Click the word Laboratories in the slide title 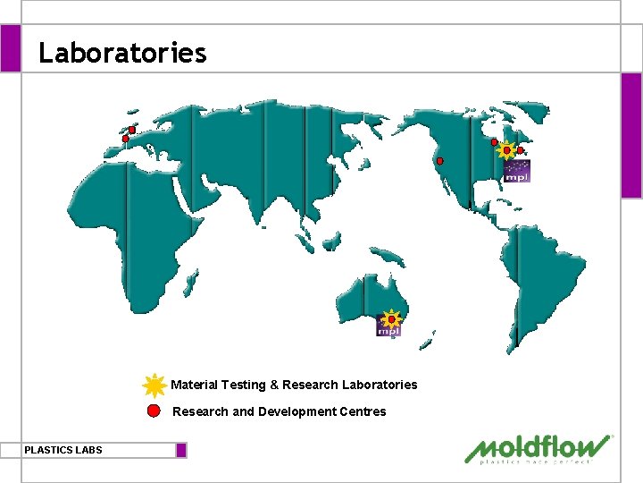point(122,53)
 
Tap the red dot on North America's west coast point(438,162)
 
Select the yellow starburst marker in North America point(506,151)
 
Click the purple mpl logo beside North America point(517,172)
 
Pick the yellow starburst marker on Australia point(390,318)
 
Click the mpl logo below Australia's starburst point(388,331)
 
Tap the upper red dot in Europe point(131,131)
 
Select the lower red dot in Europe point(125,139)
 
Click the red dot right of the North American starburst point(521,151)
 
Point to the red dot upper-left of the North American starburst point(494,142)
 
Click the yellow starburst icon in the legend point(154,385)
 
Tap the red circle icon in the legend point(154,411)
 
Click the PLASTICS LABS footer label point(63,450)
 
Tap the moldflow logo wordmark point(538,446)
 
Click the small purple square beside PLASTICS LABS point(181,450)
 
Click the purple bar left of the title point(10,47)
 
